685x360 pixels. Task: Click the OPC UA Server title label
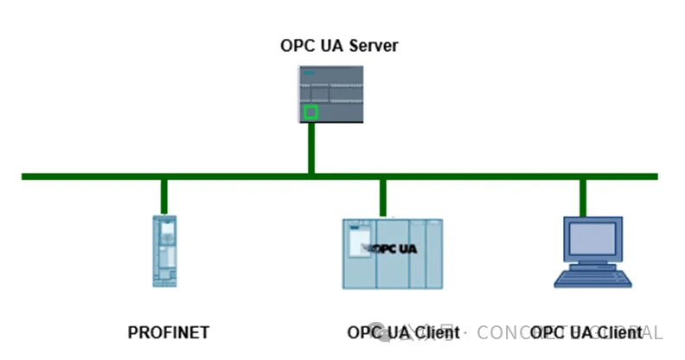tap(339, 46)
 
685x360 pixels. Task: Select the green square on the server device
tap(311, 112)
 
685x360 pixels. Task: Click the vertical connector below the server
tap(311, 152)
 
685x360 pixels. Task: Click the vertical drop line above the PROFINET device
tap(163, 196)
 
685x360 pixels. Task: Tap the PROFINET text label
tap(169, 332)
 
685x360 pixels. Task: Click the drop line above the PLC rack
tap(382, 196)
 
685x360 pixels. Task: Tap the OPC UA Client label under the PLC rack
tap(403, 332)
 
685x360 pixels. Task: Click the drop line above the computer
tap(583, 196)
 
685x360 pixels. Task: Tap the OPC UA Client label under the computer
tap(586, 332)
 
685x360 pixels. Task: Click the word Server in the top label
tap(375, 46)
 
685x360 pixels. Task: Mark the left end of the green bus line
tap(24, 177)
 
